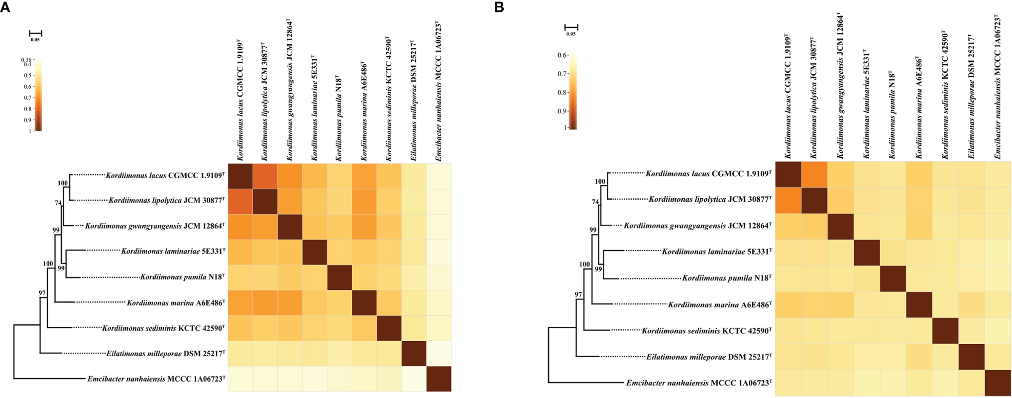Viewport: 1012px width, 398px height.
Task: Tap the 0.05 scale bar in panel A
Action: click(x=35, y=34)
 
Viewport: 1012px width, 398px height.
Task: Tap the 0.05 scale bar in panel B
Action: click(x=571, y=28)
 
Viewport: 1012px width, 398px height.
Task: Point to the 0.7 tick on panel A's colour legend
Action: click(x=28, y=98)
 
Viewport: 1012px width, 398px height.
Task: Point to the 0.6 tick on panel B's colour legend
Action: click(x=563, y=55)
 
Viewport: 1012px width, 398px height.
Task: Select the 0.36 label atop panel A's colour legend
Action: click(x=26, y=60)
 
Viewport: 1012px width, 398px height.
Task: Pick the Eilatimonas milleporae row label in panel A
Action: click(x=165, y=354)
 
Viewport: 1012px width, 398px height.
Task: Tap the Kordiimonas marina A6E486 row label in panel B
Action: click(x=719, y=304)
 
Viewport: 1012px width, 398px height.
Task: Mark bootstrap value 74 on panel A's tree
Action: click(x=58, y=203)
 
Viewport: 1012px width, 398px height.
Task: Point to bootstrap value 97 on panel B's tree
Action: click(x=578, y=295)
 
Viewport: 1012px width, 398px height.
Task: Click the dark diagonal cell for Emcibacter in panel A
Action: click(x=439, y=379)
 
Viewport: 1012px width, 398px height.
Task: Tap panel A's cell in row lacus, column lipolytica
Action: click(x=265, y=176)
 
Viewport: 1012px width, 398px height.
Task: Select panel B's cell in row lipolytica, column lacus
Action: click(x=788, y=201)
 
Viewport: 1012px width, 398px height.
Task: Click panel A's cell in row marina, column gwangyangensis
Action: click(x=290, y=303)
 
